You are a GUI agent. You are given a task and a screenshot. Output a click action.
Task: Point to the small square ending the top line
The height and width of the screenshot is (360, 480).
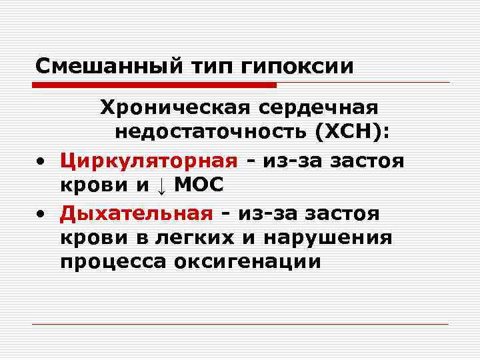pos(449,82)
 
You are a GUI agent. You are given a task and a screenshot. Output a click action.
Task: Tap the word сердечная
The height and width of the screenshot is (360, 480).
pos(323,107)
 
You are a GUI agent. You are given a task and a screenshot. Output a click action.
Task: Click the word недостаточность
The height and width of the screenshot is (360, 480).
pos(209,132)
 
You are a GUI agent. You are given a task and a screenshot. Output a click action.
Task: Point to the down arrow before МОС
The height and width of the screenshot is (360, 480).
pos(161,185)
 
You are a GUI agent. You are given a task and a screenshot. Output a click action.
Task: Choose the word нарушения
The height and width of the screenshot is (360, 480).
pos(328,237)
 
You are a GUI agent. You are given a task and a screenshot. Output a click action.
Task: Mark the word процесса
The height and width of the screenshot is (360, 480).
pos(113,262)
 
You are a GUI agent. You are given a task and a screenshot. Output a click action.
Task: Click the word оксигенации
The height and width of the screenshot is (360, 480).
pos(247,262)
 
